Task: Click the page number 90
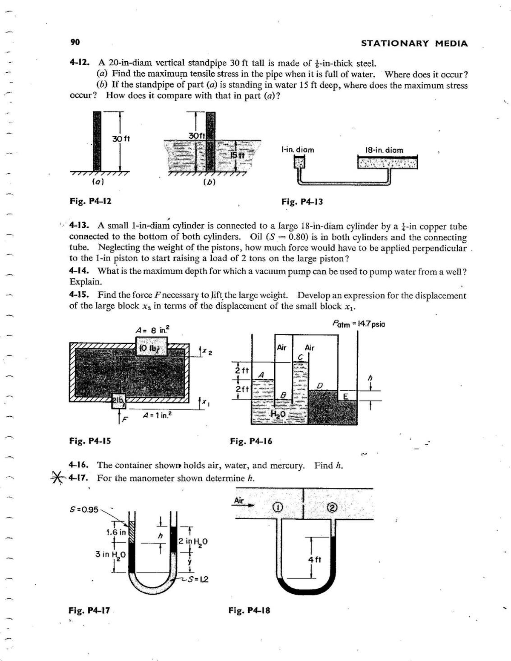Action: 75,42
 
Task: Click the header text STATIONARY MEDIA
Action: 414,43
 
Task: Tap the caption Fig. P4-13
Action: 302,201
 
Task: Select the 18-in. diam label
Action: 384,150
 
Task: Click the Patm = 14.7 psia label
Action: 359,324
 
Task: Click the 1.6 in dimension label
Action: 116,532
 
